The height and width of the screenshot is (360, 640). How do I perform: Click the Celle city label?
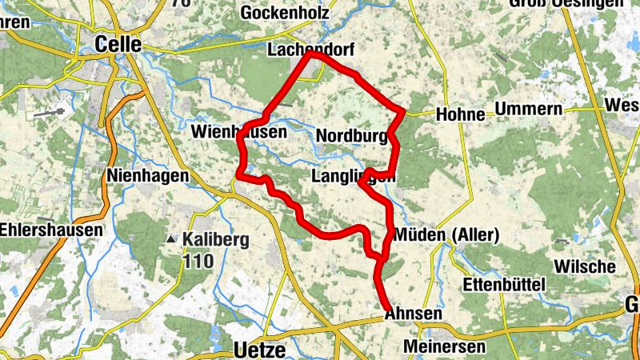pos(118,44)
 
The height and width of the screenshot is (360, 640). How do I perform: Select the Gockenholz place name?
pos(284,13)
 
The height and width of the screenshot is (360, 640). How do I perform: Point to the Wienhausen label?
pos(238,130)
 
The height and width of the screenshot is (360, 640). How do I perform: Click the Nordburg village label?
pos(352,136)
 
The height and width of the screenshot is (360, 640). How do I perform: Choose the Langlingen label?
pos(353,175)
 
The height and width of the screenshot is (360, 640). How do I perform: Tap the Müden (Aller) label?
pos(447,235)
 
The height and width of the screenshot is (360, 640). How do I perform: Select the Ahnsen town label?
pos(413,314)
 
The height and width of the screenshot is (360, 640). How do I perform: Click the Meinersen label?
pos(445,346)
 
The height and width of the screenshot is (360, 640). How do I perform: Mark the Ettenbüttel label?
pos(504,285)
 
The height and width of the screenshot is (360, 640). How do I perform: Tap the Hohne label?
pos(461,114)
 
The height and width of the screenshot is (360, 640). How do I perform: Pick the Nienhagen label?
pos(148,174)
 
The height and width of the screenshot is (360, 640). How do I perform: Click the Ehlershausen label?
pos(51,230)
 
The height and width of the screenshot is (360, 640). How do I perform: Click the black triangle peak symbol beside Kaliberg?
pos(170,239)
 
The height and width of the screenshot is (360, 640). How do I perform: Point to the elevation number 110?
pos(200,261)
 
